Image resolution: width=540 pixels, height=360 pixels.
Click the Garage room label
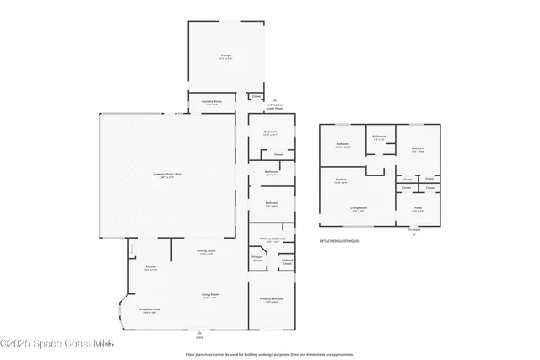[x=225, y=56]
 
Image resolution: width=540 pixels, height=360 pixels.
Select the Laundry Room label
[x=212, y=102]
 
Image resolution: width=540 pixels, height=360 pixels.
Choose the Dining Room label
[x=207, y=251]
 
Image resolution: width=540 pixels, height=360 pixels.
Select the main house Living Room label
[x=209, y=295]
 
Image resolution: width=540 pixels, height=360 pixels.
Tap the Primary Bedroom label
[x=271, y=299]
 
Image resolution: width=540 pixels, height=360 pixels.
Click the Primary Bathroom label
[x=271, y=240]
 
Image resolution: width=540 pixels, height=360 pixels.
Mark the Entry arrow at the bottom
[x=199, y=334]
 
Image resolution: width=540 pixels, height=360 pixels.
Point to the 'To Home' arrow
[x=413, y=231]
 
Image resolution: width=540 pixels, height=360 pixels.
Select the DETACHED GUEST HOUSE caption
[x=339, y=241]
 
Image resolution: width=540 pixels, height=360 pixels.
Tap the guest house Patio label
[x=418, y=208]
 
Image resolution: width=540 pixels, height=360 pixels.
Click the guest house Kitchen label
[x=341, y=180]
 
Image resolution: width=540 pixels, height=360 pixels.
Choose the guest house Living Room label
[x=358, y=208]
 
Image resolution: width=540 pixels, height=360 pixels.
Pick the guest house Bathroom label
[x=380, y=137]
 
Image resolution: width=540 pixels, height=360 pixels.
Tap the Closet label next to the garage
[x=256, y=96]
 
